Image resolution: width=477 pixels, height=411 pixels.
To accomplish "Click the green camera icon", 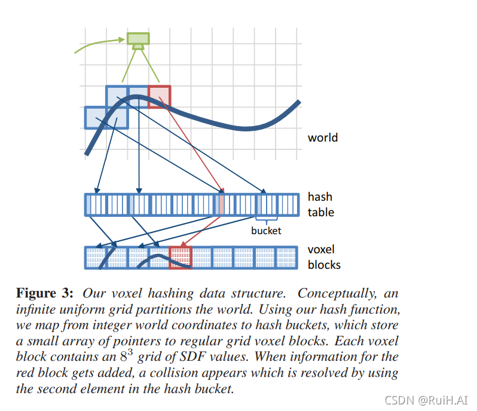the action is point(138,40).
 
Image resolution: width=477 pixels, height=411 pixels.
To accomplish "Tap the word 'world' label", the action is point(323,137).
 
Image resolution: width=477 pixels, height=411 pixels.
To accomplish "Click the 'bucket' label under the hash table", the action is point(266,231).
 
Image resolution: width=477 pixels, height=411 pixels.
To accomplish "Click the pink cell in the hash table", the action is point(221,205).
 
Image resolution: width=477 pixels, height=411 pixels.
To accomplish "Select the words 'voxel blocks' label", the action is point(324,257).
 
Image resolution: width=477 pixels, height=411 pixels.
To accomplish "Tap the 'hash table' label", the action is point(321,204).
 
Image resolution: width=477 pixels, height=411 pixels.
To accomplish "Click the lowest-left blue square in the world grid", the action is point(95,117).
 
